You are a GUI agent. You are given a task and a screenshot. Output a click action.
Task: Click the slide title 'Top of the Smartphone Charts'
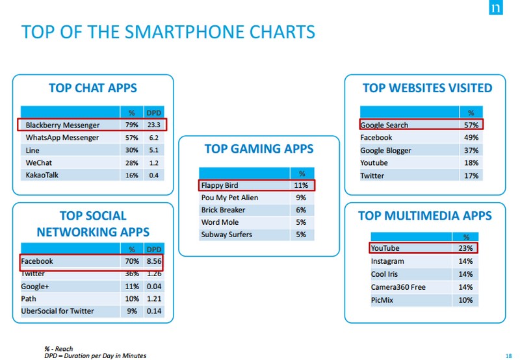tap(168, 32)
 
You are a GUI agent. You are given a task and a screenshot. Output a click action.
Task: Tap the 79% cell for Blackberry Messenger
tap(131, 125)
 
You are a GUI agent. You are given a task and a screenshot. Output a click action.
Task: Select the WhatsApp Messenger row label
tap(62, 138)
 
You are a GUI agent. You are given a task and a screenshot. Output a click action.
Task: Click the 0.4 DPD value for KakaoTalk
tap(154, 175)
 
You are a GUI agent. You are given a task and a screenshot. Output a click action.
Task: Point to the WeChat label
tap(39, 162)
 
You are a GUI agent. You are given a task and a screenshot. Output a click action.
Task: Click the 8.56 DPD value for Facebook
tap(153, 261)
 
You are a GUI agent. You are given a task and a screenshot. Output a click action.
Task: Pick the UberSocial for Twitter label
tap(57, 311)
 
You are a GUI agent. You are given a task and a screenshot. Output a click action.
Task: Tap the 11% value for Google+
tap(131, 286)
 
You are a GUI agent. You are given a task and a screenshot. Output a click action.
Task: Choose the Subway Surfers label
tap(226, 235)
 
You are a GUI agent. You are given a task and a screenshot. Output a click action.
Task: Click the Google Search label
tap(384, 125)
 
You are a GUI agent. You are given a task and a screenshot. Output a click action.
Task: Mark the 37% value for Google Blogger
tap(471, 150)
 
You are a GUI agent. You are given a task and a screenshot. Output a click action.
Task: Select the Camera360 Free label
tap(398, 287)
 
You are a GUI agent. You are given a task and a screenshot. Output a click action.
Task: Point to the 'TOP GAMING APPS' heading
tap(259, 149)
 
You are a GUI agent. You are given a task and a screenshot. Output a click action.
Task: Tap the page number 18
tap(508, 355)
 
